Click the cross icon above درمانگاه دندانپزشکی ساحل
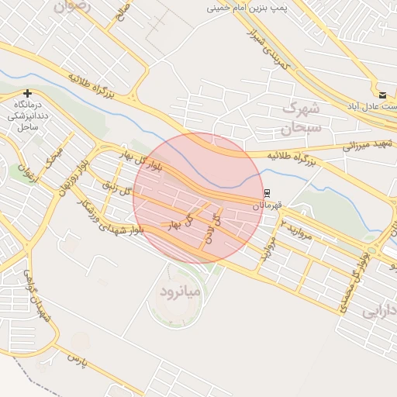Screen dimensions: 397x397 (27, 93)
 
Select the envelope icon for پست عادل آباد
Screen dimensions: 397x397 (382, 95)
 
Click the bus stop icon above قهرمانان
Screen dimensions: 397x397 (268, 192)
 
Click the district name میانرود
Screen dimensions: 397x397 (180, 292)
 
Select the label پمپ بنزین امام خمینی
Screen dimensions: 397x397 (247, 8)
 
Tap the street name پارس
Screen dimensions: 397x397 (74, 361)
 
